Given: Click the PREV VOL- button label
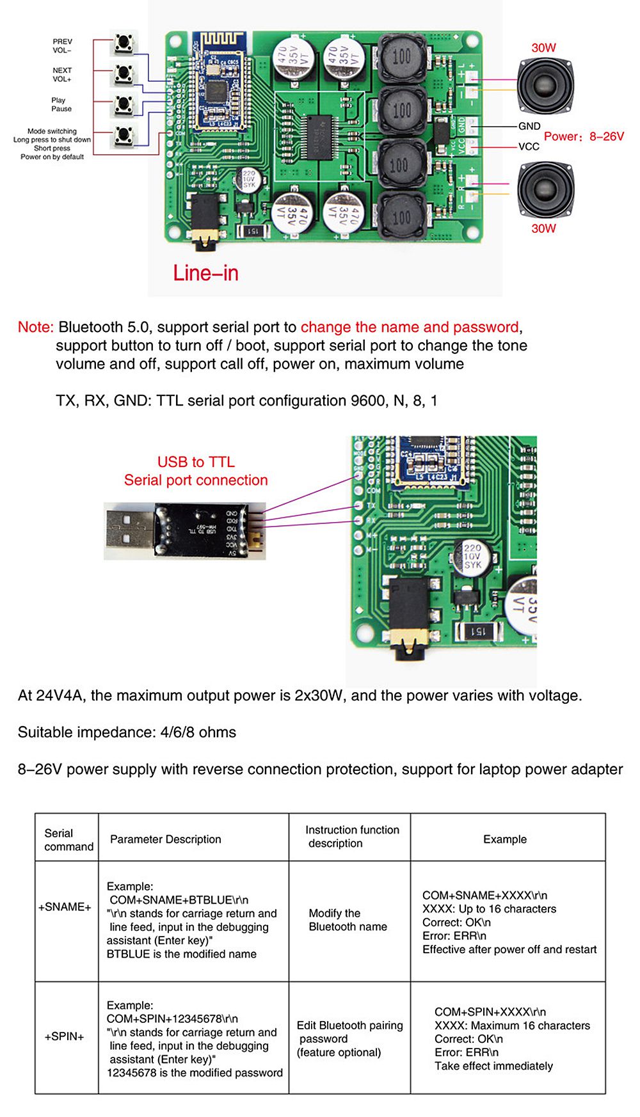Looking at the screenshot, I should point(62,45).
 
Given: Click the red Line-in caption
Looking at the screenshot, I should point(205,273).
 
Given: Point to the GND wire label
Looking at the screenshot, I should point(529,126).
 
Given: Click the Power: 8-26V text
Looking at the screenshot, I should point(584,136).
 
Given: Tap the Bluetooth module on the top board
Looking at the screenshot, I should point(218,83).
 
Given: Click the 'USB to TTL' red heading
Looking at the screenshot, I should point(196,462).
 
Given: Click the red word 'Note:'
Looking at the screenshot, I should point(36,327).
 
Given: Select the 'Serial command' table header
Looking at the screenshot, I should point(68,839).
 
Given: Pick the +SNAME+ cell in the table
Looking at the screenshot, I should point(65,907).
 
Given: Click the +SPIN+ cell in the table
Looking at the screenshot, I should point(65,1036).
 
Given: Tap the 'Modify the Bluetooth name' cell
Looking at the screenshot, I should point(348,920).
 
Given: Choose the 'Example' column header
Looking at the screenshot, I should point(504,839).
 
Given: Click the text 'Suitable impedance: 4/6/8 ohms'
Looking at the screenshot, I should point(127,732).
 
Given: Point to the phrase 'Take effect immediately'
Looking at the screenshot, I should point(493,1066).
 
